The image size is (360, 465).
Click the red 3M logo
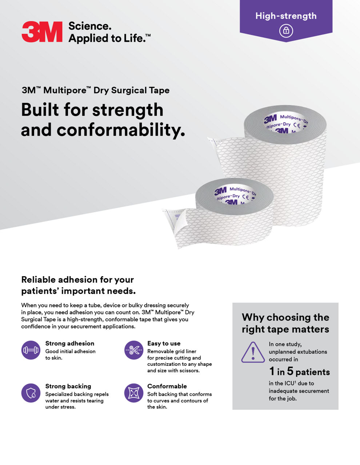pos(42,32)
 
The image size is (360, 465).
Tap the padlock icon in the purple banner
pos(286,31)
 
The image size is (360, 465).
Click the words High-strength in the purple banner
pos(286,16)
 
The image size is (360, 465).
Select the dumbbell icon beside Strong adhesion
pos(31,350)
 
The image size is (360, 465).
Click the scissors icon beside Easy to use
pos(134,350)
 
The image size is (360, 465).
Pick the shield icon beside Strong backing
pos(31,393)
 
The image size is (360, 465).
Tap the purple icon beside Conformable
pos(134,393)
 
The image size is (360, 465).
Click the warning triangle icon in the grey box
pos(253,352)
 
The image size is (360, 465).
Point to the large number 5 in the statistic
pos(290,371)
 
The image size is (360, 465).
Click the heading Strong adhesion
pos(70,343)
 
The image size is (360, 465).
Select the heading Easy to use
pos(164,343)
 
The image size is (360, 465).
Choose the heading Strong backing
pos(68,386)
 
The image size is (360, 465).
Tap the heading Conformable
pos(167,386)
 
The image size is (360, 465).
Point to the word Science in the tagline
pos(89,26)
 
